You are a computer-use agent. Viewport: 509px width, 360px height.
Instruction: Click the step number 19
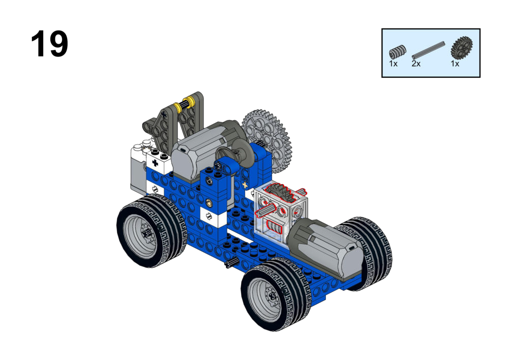pos(49,44)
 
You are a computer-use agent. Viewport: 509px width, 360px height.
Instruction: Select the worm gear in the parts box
pos(397,52)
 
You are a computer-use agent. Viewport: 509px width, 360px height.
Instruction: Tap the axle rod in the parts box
pos(428,50)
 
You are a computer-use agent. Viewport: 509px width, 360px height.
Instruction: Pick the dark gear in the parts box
pos(461,48)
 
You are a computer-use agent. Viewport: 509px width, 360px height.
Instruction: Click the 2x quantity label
pos(416,64)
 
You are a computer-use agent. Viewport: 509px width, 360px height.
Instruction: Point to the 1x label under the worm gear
pos(393,64)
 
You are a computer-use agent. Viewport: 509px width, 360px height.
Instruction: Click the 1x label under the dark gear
pos(455,64)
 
